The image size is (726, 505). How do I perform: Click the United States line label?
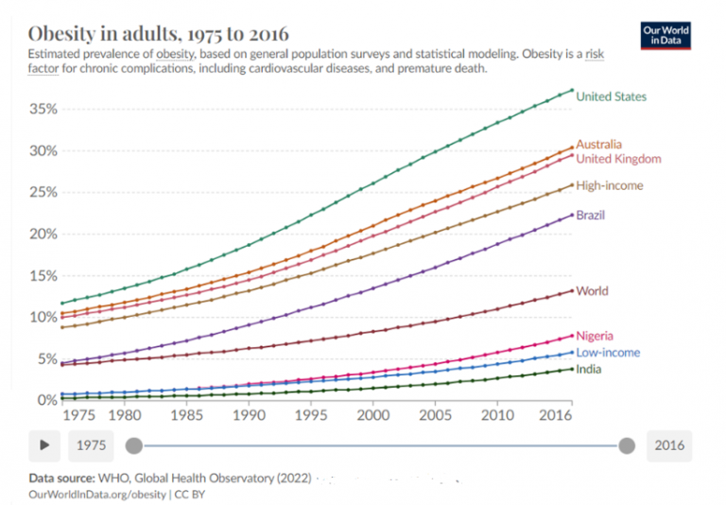612,96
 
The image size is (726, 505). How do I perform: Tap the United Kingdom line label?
618,159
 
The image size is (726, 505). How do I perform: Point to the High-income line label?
610,185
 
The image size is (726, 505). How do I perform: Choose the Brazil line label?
591,216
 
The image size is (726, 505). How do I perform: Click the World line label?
592,291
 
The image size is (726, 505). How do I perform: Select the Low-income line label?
608,353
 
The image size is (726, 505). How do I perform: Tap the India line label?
590,369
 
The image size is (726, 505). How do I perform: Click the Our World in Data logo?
665,36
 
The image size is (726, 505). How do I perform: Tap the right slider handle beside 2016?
626,445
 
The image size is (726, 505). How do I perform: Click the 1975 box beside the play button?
92,445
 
